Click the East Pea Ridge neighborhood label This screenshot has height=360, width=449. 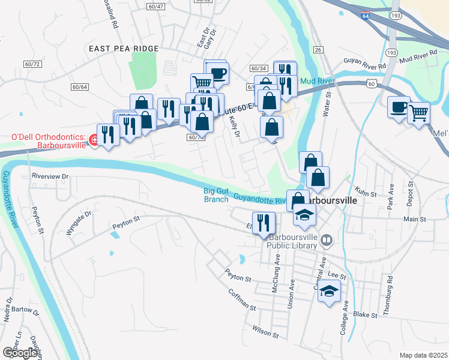pyautogui.click(x=123, y=49)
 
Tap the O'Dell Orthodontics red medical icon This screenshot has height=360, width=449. pyautogui.click(x=94, y=140)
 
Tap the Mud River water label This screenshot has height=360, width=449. pyautogui.click(x=314, y=80)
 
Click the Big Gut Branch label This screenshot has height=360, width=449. pyautogui.click(x=217, y=195)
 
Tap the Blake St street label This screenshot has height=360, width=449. pyautogui.click(x=365, y=314)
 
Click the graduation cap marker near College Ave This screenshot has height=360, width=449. pyautogui.click(x=328, y=292)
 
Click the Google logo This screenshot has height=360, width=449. pyautogui.click(x=20, y=353)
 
